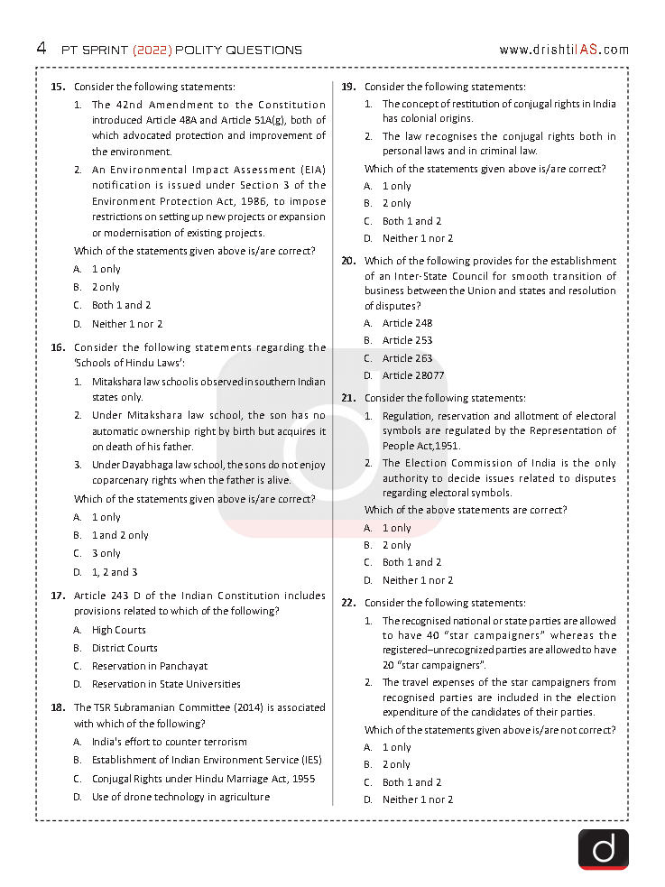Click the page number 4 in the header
tap(42, 49)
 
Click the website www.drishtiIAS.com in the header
tap(563, 50)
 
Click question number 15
tap(58, 87)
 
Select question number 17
tap(58, 596)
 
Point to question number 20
tap(348, 261)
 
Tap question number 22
tap(348, 603)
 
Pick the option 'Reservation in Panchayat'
tap(149, 666)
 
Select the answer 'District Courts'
tap(125, 648)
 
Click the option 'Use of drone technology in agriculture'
tap(180, 797)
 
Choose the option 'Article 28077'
tap(413, 375)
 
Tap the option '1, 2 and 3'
tap(115, 571)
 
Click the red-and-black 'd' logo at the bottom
tap(603, 849)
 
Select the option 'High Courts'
tap(118, 630)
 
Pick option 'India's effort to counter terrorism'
tap(169, 742)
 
